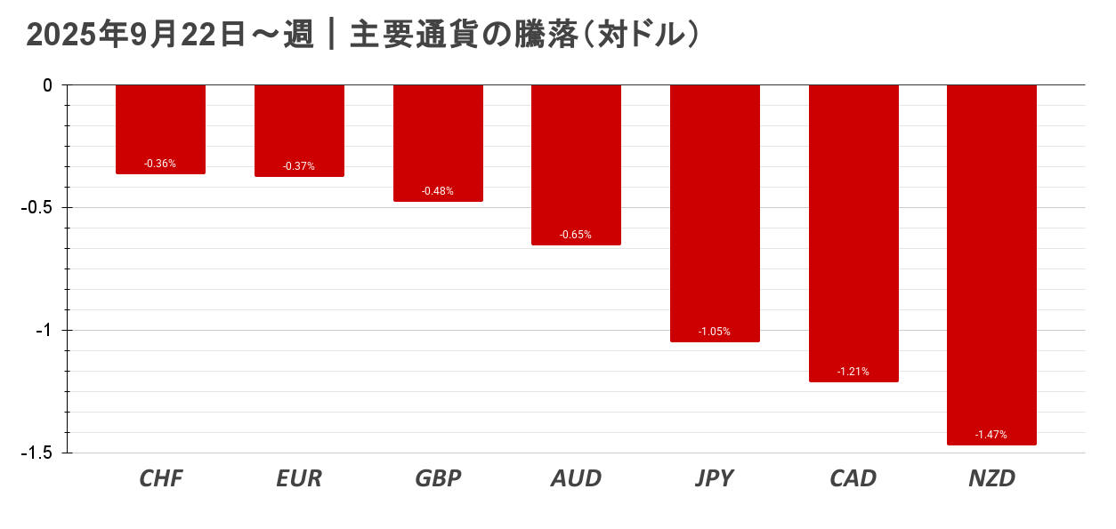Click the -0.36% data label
pos(160,164)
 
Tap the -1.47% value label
pos(991,435)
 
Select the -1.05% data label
pos(715,332)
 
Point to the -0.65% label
pos(576,235)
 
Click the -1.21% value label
pos(853,372)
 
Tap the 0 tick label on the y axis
pos(48,85)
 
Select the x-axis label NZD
pos(991,479)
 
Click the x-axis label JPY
pos(715,479)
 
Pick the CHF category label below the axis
pos(160,479)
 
